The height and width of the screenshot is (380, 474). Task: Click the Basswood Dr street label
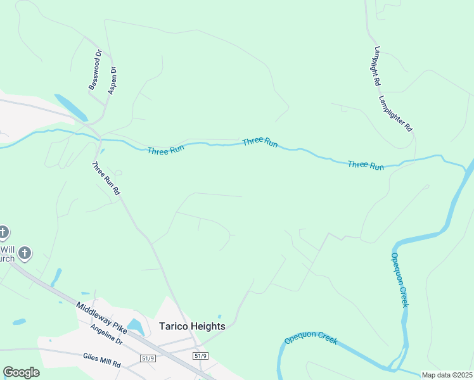coord(94,70)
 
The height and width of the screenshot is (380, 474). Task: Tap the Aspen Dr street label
coord(113,80)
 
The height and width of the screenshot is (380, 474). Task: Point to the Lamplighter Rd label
coord(395,113)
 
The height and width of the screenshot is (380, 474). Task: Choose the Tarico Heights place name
coord(191,326)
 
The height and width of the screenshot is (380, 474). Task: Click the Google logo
coord(21,372)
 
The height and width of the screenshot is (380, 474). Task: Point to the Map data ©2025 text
coord(447,375)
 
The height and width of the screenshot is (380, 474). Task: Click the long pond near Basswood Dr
coord(71,107)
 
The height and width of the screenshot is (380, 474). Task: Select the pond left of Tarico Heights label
coord(136,327)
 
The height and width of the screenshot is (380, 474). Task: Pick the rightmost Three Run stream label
coord(366,165)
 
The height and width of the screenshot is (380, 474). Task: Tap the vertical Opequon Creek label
coord(399,280)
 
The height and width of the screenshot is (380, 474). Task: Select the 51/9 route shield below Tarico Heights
coord(200,357)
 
